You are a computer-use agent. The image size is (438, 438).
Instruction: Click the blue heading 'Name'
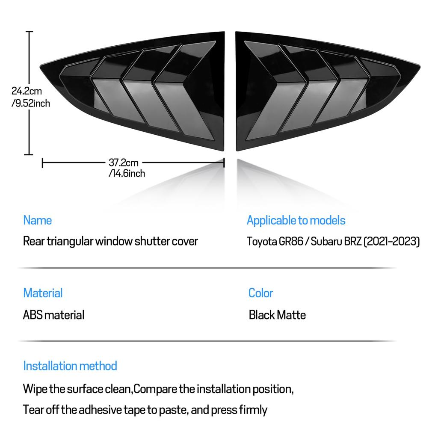click(38, 220)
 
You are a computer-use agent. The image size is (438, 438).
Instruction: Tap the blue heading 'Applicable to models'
click(296, 220)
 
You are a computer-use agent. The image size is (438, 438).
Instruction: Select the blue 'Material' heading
click(43, 293)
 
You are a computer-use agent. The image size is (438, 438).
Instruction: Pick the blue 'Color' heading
click(260, 293)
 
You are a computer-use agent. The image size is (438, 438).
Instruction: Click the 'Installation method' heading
click(70, 366)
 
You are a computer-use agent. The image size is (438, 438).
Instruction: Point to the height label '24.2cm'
click(27, 91)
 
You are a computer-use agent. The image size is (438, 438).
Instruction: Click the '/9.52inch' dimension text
click(31, 104)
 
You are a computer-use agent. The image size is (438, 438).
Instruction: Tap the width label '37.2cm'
click(124, 163)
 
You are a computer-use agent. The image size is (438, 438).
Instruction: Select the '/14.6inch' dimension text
click(127, 174)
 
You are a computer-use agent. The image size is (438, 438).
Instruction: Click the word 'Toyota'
click(261, 242)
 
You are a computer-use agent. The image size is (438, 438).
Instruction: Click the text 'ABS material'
click(53, 315)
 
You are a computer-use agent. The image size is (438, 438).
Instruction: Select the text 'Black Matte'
click(277, 315)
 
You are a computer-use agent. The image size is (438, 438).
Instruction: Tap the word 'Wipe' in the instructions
click(35, 389)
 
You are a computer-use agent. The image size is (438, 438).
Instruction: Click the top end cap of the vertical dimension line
click(29, 32)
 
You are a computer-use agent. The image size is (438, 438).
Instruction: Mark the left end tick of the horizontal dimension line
click(42, 163)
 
